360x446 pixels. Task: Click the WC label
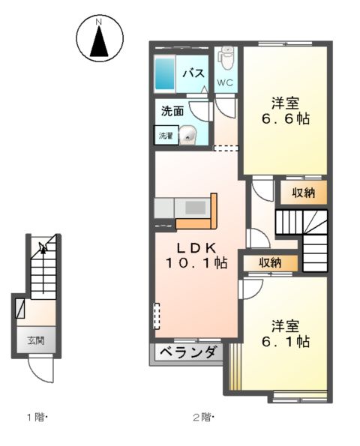click(226, 82)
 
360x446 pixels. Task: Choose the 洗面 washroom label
click(172, 111)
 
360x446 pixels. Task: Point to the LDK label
click(196, 247)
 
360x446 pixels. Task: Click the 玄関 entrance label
click(37, 340)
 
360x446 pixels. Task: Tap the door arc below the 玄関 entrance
click(38, 369)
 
